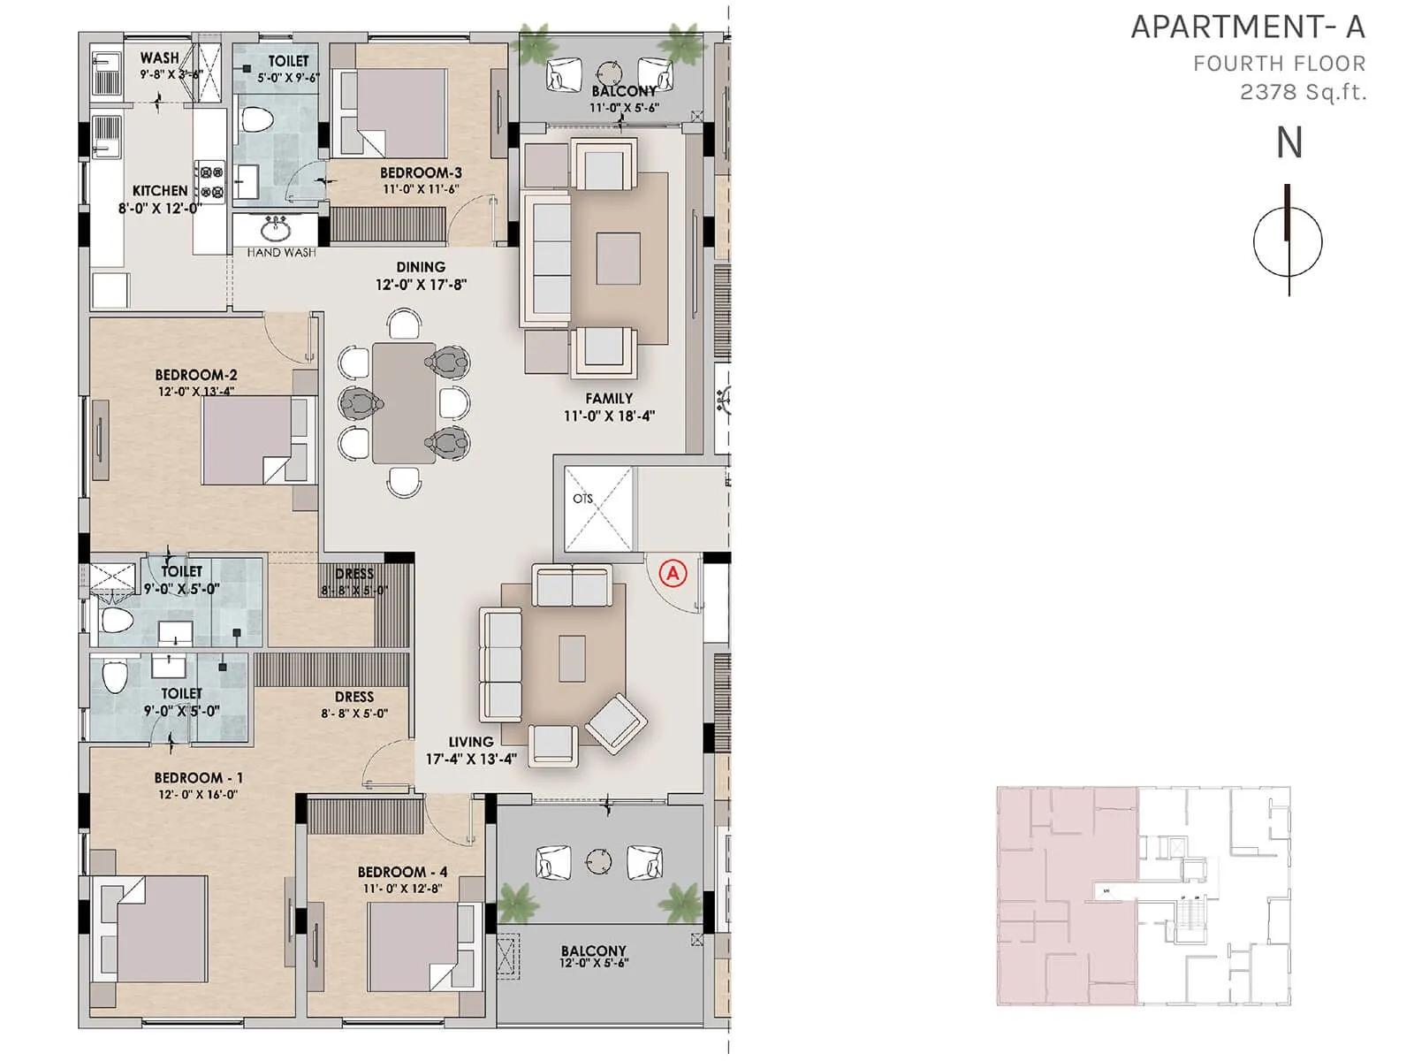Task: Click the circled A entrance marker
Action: point(673,573)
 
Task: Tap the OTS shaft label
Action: point(582,499)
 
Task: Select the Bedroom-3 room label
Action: point(421,173)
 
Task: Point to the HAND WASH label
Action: point(281,253)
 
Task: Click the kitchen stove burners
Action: point(211,181)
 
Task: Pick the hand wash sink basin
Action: point(276,232)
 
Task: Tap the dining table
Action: point(404,402)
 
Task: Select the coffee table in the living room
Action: point(572,660)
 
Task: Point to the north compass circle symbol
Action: point(1288,241)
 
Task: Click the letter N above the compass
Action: point(1289,143)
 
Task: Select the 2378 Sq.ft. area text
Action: point(1303,91)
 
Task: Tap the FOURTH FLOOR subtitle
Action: point(1279,64)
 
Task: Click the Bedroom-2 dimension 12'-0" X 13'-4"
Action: point(195,391)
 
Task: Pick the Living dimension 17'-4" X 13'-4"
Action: point(471,759)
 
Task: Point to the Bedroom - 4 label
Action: point(402,872)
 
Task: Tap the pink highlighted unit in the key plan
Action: point(1066,895)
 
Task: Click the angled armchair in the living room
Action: point(616,722)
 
